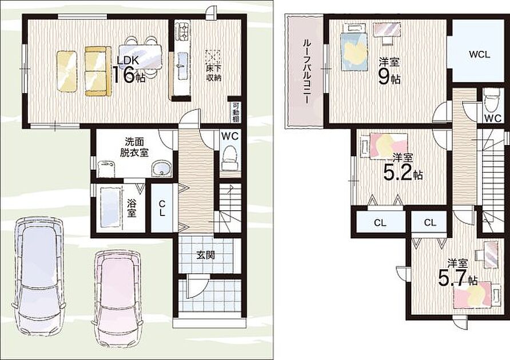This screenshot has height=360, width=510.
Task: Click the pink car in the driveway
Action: [117, 300]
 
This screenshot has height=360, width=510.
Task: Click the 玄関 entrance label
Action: [206, 255]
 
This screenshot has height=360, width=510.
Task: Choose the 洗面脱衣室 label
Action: [134, 147]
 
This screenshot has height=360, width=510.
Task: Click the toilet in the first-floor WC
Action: [230, 158]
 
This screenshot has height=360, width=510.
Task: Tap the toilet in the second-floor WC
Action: [491, 100]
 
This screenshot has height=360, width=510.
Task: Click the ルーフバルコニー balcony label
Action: [306, 71]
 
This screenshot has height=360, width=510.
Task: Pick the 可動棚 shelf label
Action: [236, 113]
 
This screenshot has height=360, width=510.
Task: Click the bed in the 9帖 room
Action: [354, 48]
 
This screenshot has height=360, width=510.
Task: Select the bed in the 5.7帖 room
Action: [476, 294]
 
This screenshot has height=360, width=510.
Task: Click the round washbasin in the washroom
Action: [161, 169]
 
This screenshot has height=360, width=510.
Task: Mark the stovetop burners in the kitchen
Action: [182, 31]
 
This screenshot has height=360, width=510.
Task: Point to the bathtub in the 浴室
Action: [109, 207]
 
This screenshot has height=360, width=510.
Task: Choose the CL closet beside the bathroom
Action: [162, 208]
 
